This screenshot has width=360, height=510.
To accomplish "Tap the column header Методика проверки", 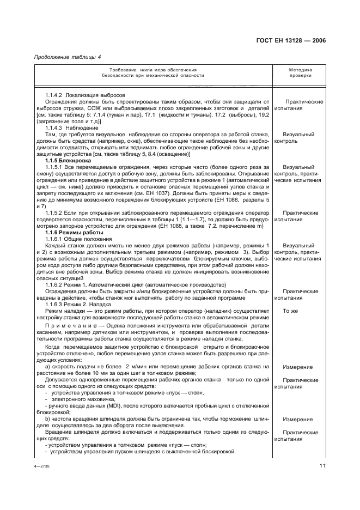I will click(x=300, y=73).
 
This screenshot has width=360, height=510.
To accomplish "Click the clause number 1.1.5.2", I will click(x=57, y=213).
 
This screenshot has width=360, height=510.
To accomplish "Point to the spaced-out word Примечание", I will click(x=67, y=325).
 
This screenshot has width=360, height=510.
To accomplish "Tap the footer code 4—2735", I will click(x=41, y=467).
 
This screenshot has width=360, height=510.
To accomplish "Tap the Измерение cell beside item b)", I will click(x=297, y=420).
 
